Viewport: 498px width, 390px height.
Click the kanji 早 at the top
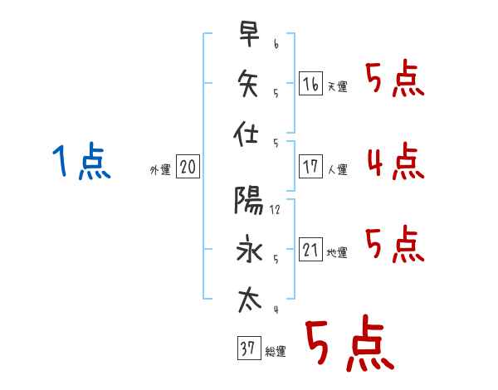coord(249,34)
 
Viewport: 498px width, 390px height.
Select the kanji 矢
coord(248,83)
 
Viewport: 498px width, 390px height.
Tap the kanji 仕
coord(246,133)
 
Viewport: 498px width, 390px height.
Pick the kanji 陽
coord(249,200)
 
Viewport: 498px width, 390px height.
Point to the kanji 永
coord(249,249)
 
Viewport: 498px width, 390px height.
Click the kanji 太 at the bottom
coord(250,300)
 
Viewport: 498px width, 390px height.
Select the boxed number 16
coord(310,84)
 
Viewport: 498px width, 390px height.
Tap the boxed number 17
coord(310,167)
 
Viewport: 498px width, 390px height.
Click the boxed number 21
coord(310,249)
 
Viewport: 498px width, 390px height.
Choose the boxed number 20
coord(188,167)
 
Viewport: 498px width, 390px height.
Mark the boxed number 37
coord(249,348)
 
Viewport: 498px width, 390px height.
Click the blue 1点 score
coord(81,161)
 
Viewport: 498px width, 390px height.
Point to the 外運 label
coord(160,170)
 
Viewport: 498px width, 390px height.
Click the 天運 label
coord(338,86)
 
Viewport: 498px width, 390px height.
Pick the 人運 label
coord(338,169)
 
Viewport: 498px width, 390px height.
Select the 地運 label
coord(337,253)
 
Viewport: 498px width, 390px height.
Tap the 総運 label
coord(276,352)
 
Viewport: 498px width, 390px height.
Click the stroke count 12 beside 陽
coord(275,210)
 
